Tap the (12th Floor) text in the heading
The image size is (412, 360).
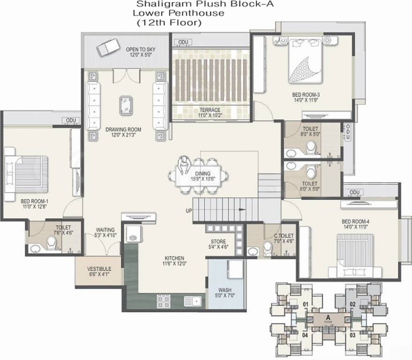tap(168, 22)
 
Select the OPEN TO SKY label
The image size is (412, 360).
tap(140, 49)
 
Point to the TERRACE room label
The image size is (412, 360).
tap(209, 110)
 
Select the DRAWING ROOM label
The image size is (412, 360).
tap(123, 129)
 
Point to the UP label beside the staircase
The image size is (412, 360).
tap(189, 210)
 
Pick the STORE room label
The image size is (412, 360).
tap(218, 242)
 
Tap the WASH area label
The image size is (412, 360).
tap(225, 290)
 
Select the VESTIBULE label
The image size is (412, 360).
tap(99, 269)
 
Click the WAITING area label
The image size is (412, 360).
tap(105, 230)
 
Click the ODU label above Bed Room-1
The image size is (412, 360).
tap(71, 120)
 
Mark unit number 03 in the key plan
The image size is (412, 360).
tap(352, 335)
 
